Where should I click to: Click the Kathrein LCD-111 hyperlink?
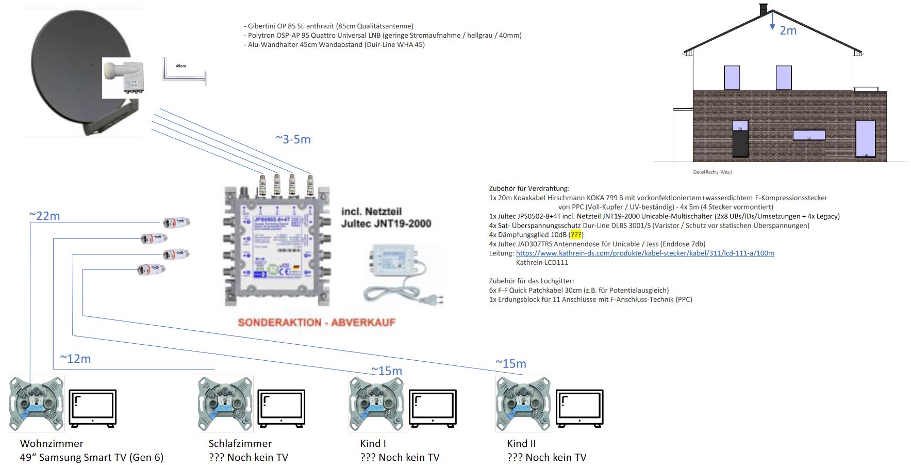click(x=644, y=253)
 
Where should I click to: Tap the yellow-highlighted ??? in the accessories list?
click(x=576, y=235)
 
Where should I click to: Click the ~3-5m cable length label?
click(x=293, y=139)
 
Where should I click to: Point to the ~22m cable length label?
click(x=44, y=216)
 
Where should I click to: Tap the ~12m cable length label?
click(x=75, y=359)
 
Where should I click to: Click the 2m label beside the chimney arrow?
click(x=788, y=31)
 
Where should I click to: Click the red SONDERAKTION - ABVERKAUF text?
click(x=317, y=323)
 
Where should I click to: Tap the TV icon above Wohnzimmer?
click(x=93, y=408)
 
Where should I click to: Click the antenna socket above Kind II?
click(x=523, y=404)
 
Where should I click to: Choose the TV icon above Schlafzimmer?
click(x=281, y=408)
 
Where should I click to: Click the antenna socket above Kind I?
click(x=376, y=404)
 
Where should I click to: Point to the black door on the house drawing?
click(x=740, y=143)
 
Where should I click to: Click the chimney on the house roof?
click(x=764, y=9)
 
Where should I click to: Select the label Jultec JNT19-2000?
click(x=386, y=223)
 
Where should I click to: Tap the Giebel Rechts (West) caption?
click(x=712, y=172)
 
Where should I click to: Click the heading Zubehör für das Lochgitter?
click(x=532, y=281)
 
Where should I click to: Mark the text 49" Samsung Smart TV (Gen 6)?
click(x=92, y=457)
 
